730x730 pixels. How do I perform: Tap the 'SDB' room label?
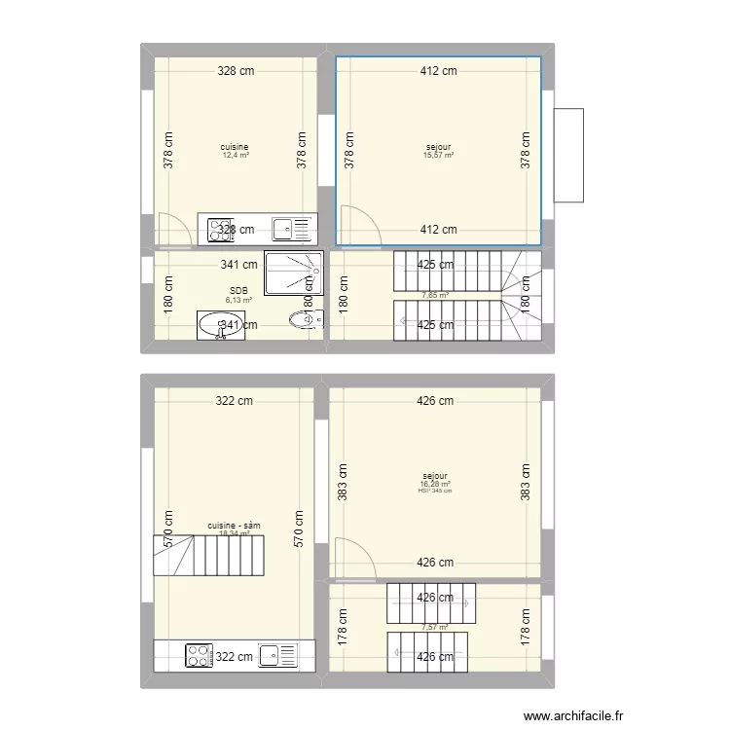tap(238, 290)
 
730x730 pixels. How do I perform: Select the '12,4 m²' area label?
tap(236, 156)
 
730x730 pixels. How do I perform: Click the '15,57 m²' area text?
tap(438, 156)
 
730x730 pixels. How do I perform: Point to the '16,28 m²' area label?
tap(436, 484)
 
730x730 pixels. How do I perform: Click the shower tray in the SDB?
tap(292, 274)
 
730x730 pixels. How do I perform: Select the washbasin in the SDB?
tap(218, 324)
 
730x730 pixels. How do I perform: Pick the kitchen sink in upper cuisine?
tap(283, 230)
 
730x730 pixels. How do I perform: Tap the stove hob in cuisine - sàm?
tap(199, 656)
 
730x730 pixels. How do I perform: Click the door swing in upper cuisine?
tap(170, 229)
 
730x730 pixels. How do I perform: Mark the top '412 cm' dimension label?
tap(438, 71)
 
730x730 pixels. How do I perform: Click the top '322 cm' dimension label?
tap(234, 401)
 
